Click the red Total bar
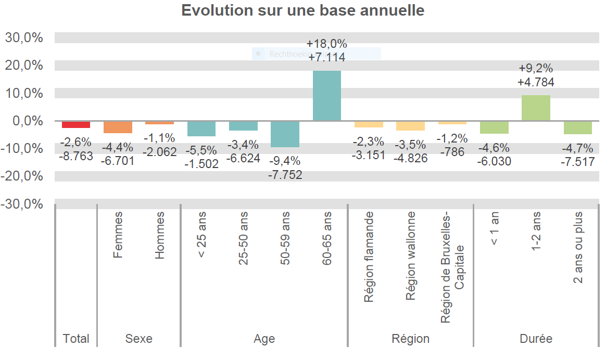click(76, 124)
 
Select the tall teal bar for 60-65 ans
click(327, 96)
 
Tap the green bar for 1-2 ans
click(536, 108)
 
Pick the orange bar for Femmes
click(118, 127)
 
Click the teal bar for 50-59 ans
click(285, 134)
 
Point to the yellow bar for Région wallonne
click(410, 126)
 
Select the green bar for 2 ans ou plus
click(577, 127)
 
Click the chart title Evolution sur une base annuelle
click(302, 10)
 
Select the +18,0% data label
click(327, 44)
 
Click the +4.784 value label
click(536, 82)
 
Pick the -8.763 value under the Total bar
click(76, 155)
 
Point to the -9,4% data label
click(285, 161)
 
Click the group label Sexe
click(139, 339)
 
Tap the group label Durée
click(536, 339)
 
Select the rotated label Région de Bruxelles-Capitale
click(452, 268)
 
